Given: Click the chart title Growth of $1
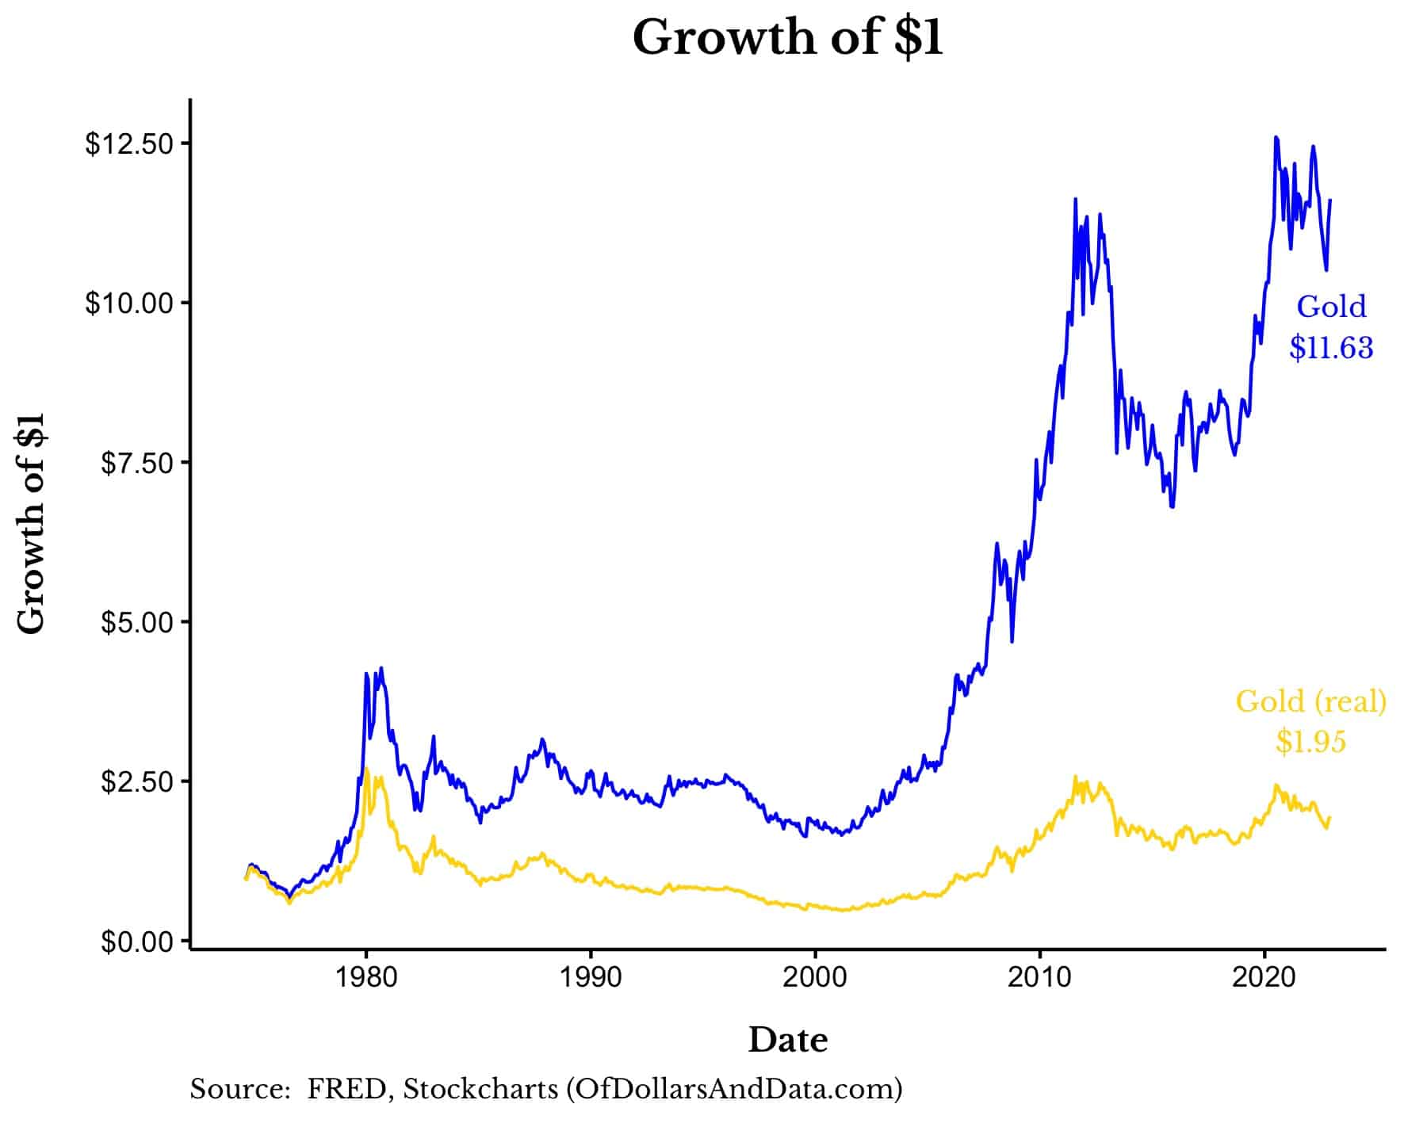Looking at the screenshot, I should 787,38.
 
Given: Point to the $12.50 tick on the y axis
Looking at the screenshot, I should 128,144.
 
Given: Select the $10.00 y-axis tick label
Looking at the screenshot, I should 128,304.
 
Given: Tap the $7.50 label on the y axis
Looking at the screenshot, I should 136,463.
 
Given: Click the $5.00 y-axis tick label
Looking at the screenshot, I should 136,622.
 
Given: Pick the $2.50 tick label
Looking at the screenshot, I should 136,781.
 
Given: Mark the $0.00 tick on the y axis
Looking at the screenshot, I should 136,942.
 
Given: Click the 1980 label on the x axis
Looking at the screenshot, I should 365,977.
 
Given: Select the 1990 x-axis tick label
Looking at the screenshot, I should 591,977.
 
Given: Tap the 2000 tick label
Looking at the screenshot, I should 815,977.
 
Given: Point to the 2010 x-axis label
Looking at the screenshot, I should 1039,977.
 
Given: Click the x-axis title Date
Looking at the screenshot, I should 787,1040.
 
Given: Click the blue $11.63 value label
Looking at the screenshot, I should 1331,347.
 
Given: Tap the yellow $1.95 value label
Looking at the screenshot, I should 1310,741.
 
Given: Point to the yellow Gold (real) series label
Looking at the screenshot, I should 1310,701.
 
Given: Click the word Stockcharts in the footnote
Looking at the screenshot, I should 480,1090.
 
